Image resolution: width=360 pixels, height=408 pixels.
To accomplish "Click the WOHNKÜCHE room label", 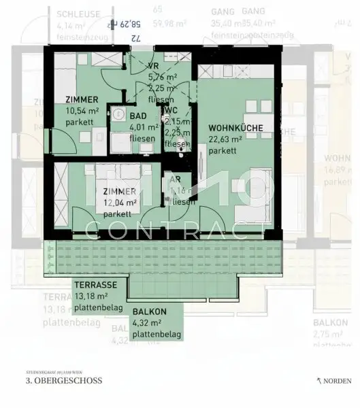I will (x=235, y=127).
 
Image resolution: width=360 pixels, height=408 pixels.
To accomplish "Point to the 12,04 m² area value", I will (x=119, y=202).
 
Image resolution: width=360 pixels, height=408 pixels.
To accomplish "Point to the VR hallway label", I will (x=154, y=66).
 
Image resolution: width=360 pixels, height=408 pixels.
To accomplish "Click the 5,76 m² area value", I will (x=163, y=76).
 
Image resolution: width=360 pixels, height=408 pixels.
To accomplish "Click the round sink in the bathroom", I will (x=118, y=114).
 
